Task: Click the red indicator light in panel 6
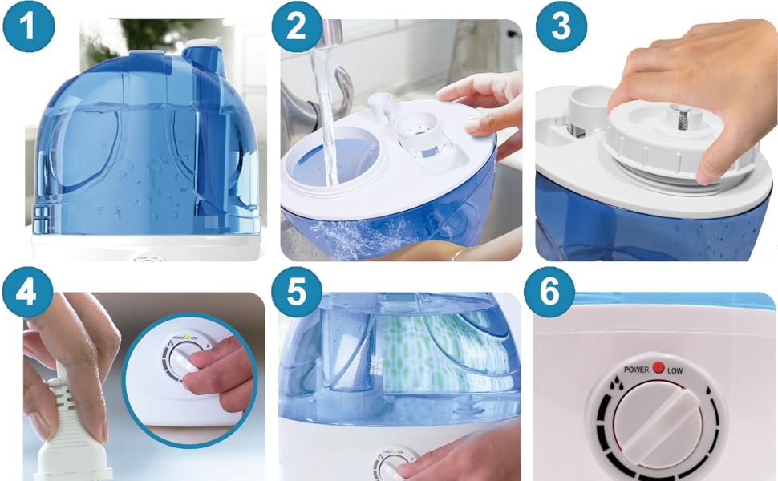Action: click(x=658, y=369)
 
